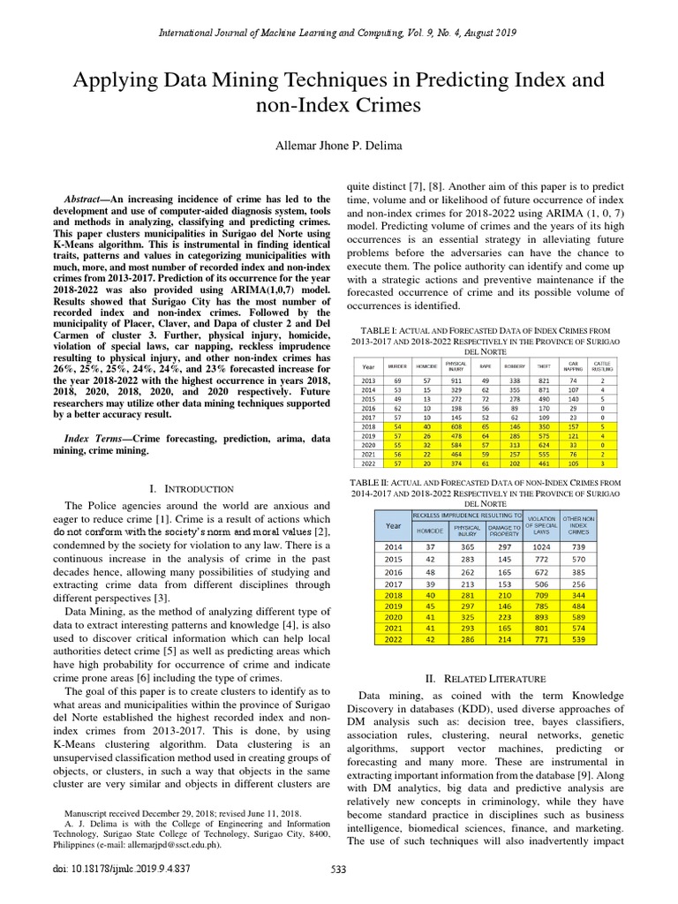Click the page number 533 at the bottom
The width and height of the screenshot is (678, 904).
(x=339, y=893)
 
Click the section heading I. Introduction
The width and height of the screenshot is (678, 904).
(x=192, y=488)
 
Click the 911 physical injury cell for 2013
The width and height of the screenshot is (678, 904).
(x=456, y=380)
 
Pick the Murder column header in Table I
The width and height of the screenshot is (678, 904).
(x=398, y=365)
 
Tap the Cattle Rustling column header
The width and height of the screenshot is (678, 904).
(x=602, y=365)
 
